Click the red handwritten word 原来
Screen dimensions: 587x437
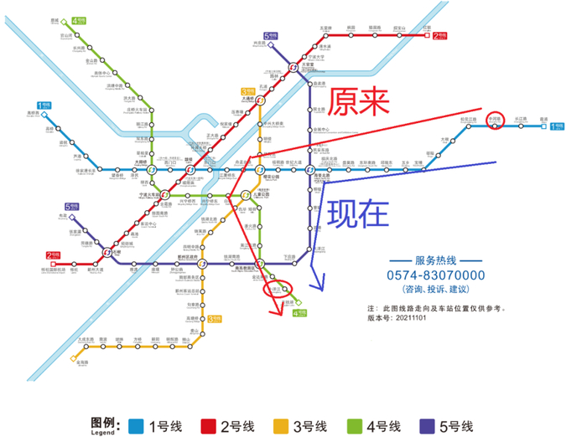click(360, 103)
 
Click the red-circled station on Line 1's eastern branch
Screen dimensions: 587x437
click(495, 119)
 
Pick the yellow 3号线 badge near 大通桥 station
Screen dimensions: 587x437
click(247, 90)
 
